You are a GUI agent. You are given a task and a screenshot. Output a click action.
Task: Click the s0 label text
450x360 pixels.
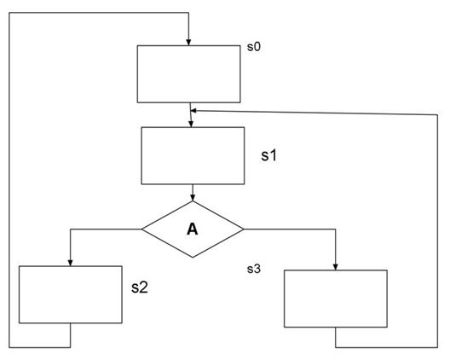coord(254,47)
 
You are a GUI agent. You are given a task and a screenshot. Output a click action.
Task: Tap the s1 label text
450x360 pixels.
coord(269,155)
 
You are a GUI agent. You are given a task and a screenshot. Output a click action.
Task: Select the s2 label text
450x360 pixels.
coord(140,287)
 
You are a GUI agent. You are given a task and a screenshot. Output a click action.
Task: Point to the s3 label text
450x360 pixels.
coord(254,269)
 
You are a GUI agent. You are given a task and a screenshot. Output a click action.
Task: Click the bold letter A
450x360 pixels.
coord(193,229)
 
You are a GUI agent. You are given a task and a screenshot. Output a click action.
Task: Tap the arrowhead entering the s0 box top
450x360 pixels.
coord(188,43)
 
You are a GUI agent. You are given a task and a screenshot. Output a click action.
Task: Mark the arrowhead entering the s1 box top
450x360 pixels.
coord(191,124)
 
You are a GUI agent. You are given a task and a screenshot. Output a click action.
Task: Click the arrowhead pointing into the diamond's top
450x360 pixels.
coord(193,198)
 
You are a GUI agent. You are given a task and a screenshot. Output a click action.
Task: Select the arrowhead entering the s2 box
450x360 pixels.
coord(70,263)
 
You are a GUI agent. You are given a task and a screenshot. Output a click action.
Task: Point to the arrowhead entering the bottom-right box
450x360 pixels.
coord(335,267)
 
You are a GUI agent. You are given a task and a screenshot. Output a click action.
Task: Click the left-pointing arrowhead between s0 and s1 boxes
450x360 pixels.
coord(193,111)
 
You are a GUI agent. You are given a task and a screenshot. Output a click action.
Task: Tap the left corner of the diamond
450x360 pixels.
coord(141,229)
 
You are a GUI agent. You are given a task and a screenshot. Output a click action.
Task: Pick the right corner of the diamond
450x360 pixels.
coord(244,229)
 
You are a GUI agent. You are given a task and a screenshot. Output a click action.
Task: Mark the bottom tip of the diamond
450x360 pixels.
coord(193,258)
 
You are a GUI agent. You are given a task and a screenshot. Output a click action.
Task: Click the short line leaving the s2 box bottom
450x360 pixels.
coord(70,335)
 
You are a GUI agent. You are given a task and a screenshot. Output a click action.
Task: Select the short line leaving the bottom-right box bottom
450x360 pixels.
coord(335,337)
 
